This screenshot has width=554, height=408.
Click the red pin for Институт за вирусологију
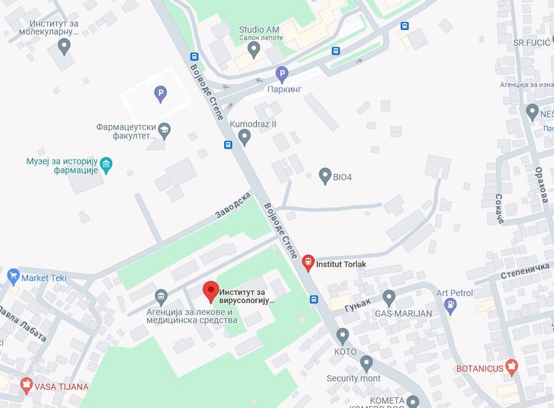(x=210, y=291)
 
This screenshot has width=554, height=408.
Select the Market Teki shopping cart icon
(x=13, y=277)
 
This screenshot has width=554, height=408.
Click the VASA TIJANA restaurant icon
(x=26, y=385)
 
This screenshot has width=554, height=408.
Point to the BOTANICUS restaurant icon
(x=512, y=367)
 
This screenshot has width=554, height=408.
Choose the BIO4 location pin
(x=325, y=176)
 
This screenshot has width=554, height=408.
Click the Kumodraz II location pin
(x=244, y=137)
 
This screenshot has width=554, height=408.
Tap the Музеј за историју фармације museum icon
(x=106, y=164)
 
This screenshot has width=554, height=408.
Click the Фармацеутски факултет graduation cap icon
(x=164, y=130)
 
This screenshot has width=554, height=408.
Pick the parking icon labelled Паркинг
(x=282, y=74)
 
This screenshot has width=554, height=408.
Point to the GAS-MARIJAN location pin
(x=389, y=298)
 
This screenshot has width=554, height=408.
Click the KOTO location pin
(x=343, y=336)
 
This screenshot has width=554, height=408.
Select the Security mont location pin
(x=366, y=363)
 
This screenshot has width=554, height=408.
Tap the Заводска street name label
(x=233, y=205)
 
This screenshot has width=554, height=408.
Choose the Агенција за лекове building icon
(x=161, y=295)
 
